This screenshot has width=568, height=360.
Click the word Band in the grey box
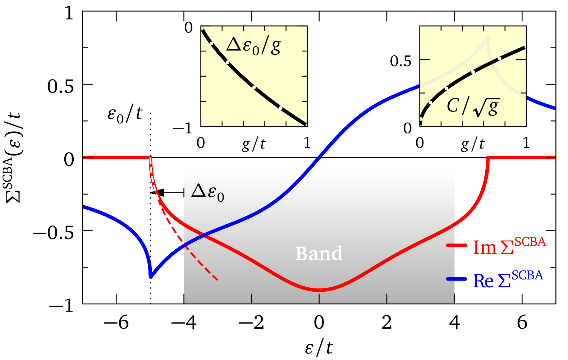319,254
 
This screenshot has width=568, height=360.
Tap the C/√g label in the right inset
473,106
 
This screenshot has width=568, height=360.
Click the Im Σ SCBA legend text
509,247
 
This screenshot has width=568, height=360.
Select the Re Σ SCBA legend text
508,280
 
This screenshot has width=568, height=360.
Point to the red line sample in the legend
457,245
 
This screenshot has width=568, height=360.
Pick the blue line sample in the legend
457,279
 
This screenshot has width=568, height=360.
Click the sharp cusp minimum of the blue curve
151,277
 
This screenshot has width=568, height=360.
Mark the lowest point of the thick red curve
319,290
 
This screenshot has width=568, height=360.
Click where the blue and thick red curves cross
203,236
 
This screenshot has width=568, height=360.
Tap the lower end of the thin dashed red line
217,280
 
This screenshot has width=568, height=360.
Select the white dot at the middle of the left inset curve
254,87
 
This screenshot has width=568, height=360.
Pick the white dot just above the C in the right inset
446,88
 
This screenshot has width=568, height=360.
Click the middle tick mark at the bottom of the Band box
319,299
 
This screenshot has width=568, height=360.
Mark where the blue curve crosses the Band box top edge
319,158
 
